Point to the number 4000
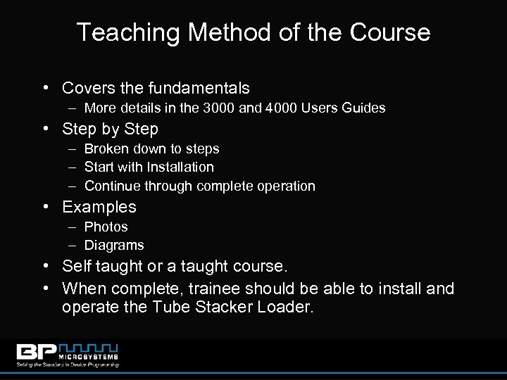click(296, 108)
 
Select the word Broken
click(104, 149)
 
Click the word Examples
click(99, 208)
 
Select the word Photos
click(106, 227)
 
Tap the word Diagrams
click(114, 246)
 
